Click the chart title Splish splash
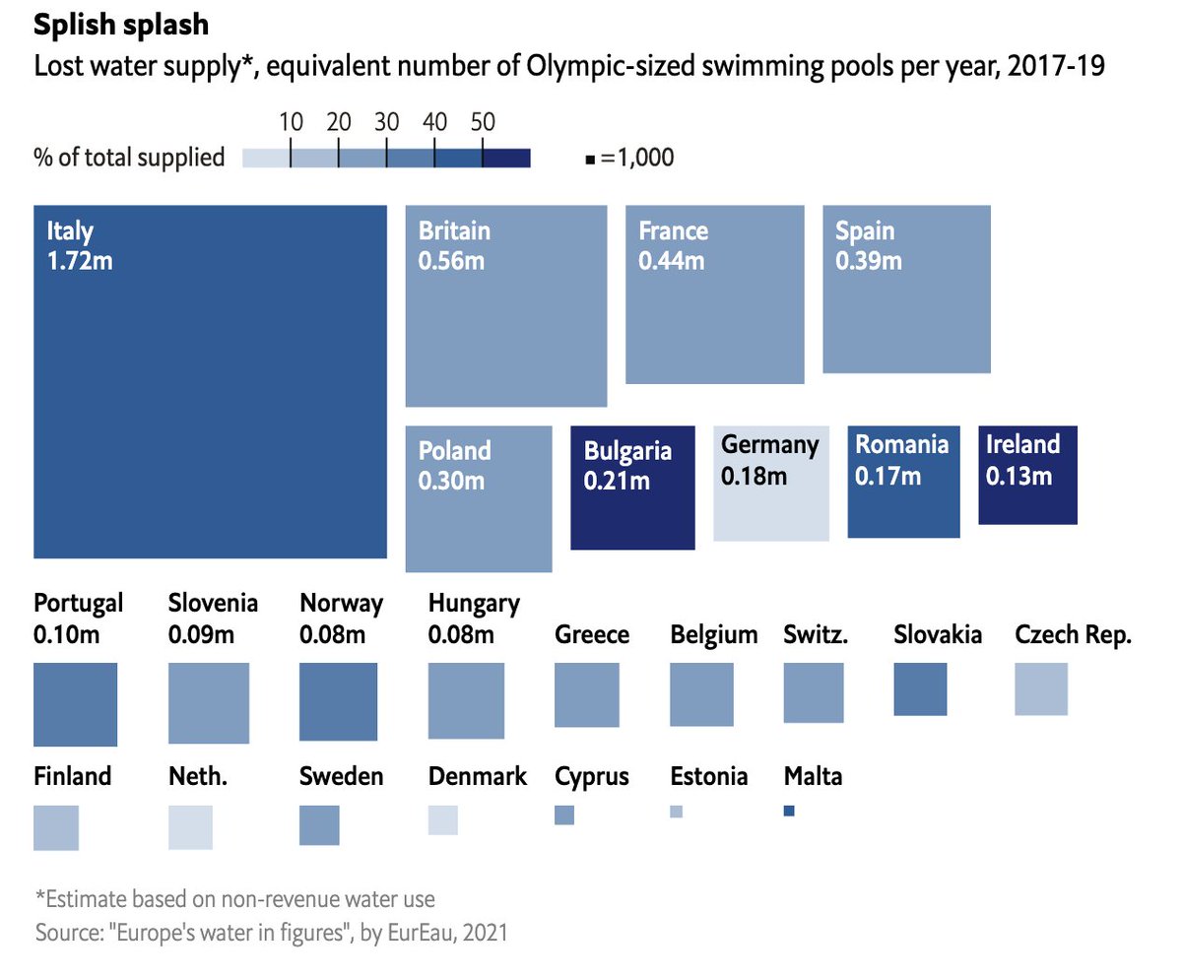tap(121, 23)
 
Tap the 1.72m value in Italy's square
tap(80, 262)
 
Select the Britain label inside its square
tap(454, 231)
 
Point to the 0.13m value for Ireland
tap(1019, 476)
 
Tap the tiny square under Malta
tap(789, 811)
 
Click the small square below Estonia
tap(676, 812)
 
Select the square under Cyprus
tap(564, 814)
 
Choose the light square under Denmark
tap(443, 819)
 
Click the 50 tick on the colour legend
tap(482, 122)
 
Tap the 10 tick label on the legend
tap(290, 122)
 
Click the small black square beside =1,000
tap(590, 159)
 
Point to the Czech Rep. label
tap(1073, 634)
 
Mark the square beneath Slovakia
tap(920, 688)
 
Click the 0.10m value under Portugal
tap(66, 634)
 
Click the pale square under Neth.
tap(190, 827)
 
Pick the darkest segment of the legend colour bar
tap(506, 158)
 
